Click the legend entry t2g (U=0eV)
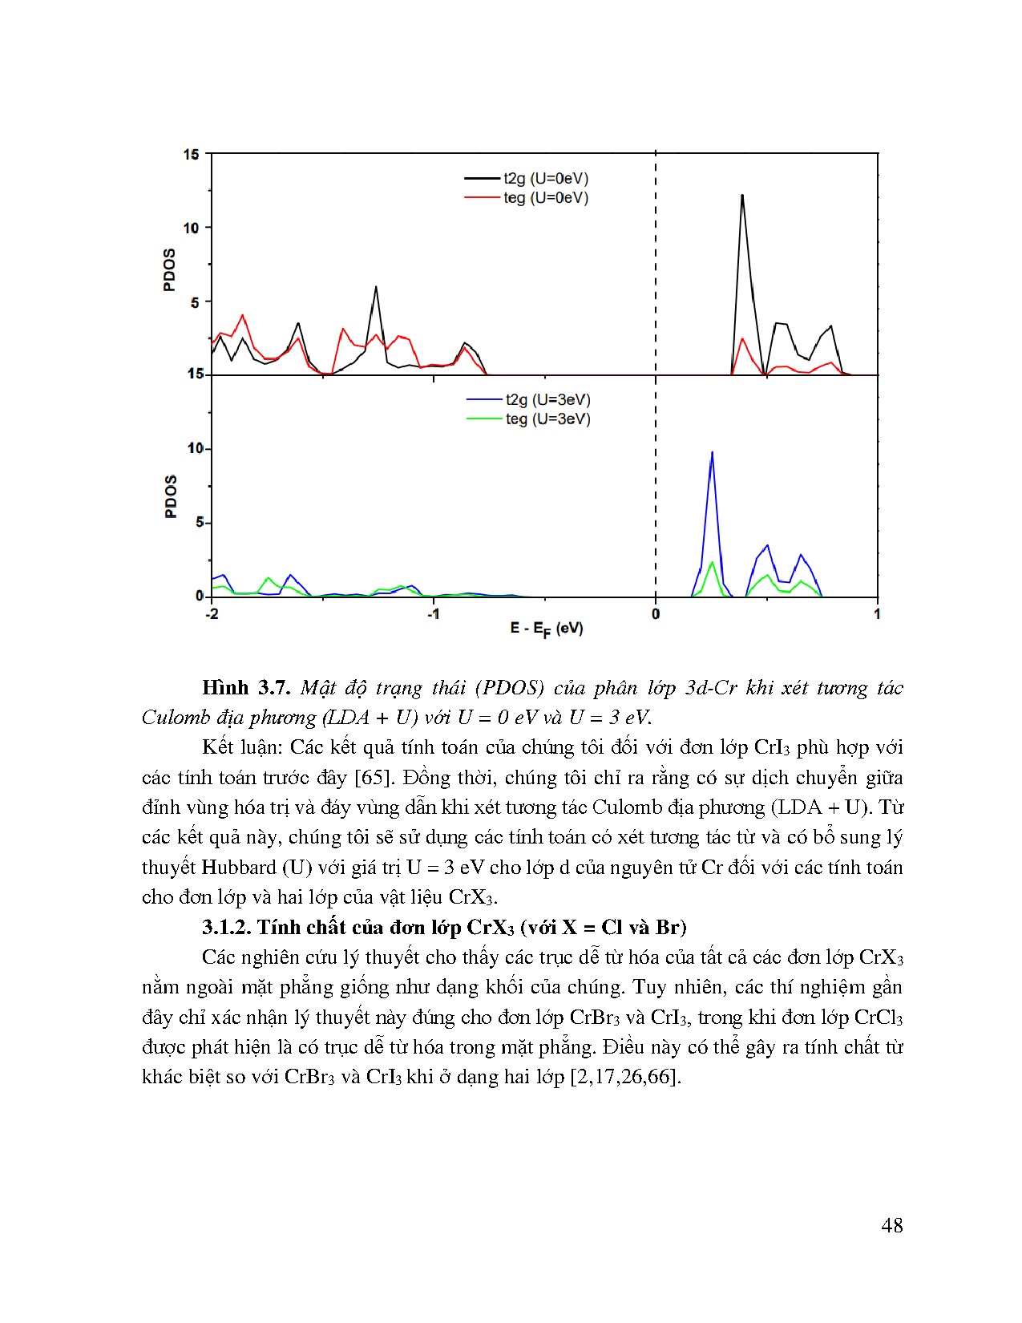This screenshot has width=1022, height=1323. pos(545,179)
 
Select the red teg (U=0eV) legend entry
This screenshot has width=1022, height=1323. pos(545,198)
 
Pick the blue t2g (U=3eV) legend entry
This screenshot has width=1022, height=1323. pos(547,400)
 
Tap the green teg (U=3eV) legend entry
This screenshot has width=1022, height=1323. pos(547,419)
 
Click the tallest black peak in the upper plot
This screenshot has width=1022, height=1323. pos(742,196)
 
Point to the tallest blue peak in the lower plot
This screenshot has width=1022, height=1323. pos(712,454)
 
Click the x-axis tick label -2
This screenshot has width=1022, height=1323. pos(212,614)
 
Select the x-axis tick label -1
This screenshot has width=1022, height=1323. pos(433,614)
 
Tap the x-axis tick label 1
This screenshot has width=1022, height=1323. pos(877,614)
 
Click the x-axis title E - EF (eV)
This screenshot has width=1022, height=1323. pos(547,629)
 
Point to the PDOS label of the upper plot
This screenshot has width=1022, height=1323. pos(169,270)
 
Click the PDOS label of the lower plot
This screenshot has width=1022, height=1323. pos(170,496)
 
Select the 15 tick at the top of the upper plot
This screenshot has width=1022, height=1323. pos(191,155)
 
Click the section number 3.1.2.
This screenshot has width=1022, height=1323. pos(227,928)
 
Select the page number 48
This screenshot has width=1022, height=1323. pos(891,1225)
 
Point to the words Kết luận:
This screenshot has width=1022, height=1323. pos(242,747)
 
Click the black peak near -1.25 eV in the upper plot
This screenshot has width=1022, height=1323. pos(375,288)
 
